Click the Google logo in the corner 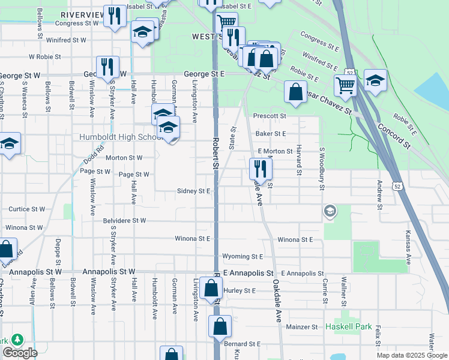pyautogui.click(x=20, y=353)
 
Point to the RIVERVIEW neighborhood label pyautogui.click(x=81, y=14)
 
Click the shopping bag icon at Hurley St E pyautogui.click(x=211, y=289)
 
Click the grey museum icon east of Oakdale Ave pyautogui.click(x=330, y=211)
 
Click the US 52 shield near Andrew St pyautogui.click(x=398, y=186)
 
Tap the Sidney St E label pyautogui.click(x=193, y=191)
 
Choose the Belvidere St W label pyautogui.click(x=125, y=221)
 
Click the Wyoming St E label pyautogui.click(x=243, y=256)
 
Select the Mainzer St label pyautogui.click(x=301, y=327)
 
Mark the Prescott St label pyautogui.click(x=270, y=115)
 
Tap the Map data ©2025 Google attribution pyautogui.click(x=411, y=355)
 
